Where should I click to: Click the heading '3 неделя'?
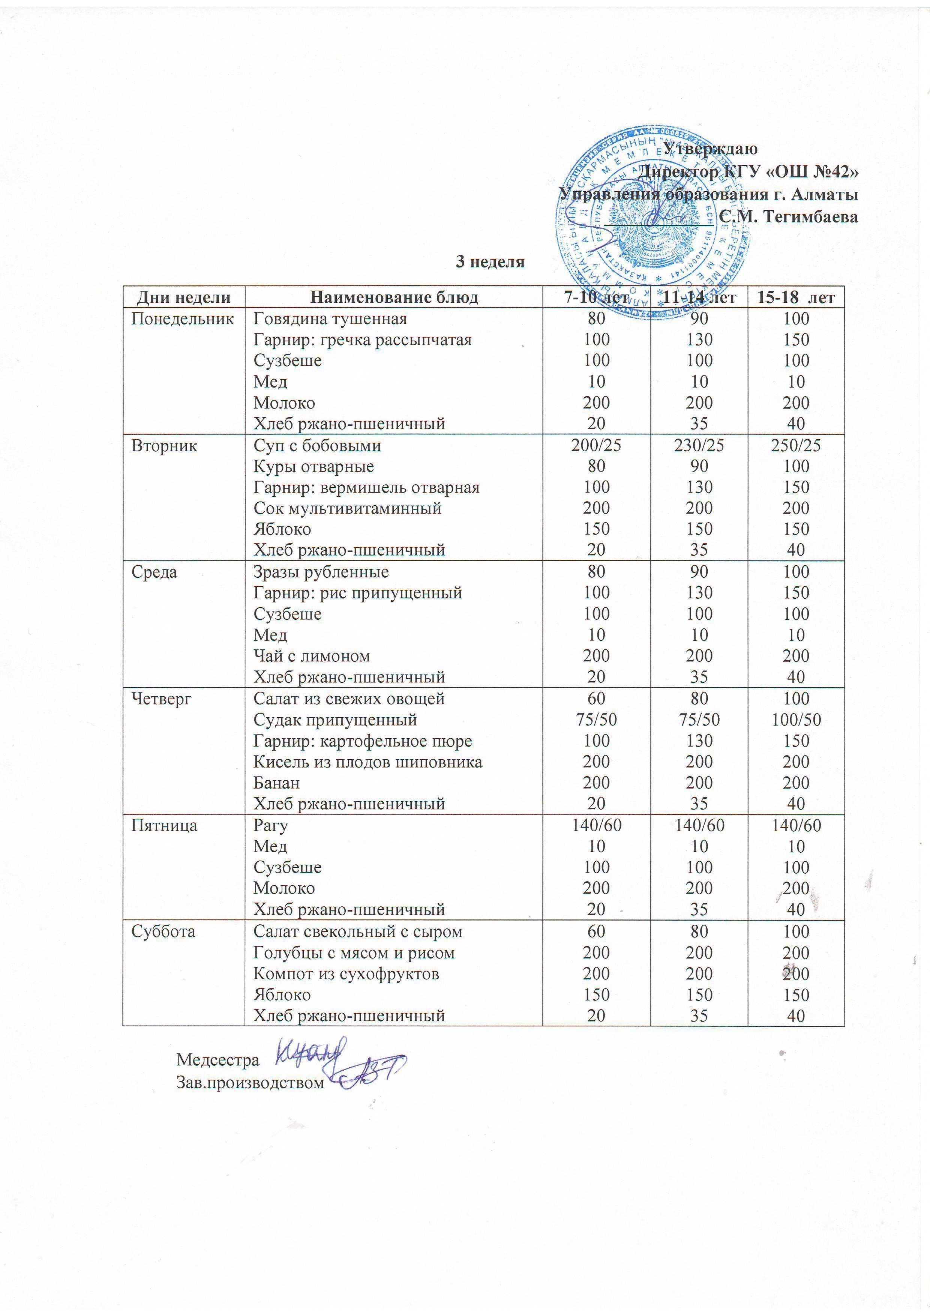click(490, 262)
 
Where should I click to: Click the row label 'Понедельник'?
click(182, 318)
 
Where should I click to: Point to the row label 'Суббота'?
click(163, 931)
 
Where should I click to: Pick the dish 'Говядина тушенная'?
click(330, 318)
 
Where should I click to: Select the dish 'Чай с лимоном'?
click(312, 656)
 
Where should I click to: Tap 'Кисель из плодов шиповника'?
click(368, 762)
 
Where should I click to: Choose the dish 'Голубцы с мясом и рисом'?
click(354, 952)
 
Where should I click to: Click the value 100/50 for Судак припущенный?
click(796, 720)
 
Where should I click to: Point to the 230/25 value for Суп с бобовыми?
click(699, 445)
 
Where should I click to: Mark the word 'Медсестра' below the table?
click(218, 1060)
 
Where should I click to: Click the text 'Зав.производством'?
click(250, 1083)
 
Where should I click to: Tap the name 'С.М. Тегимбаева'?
click(789, 217)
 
